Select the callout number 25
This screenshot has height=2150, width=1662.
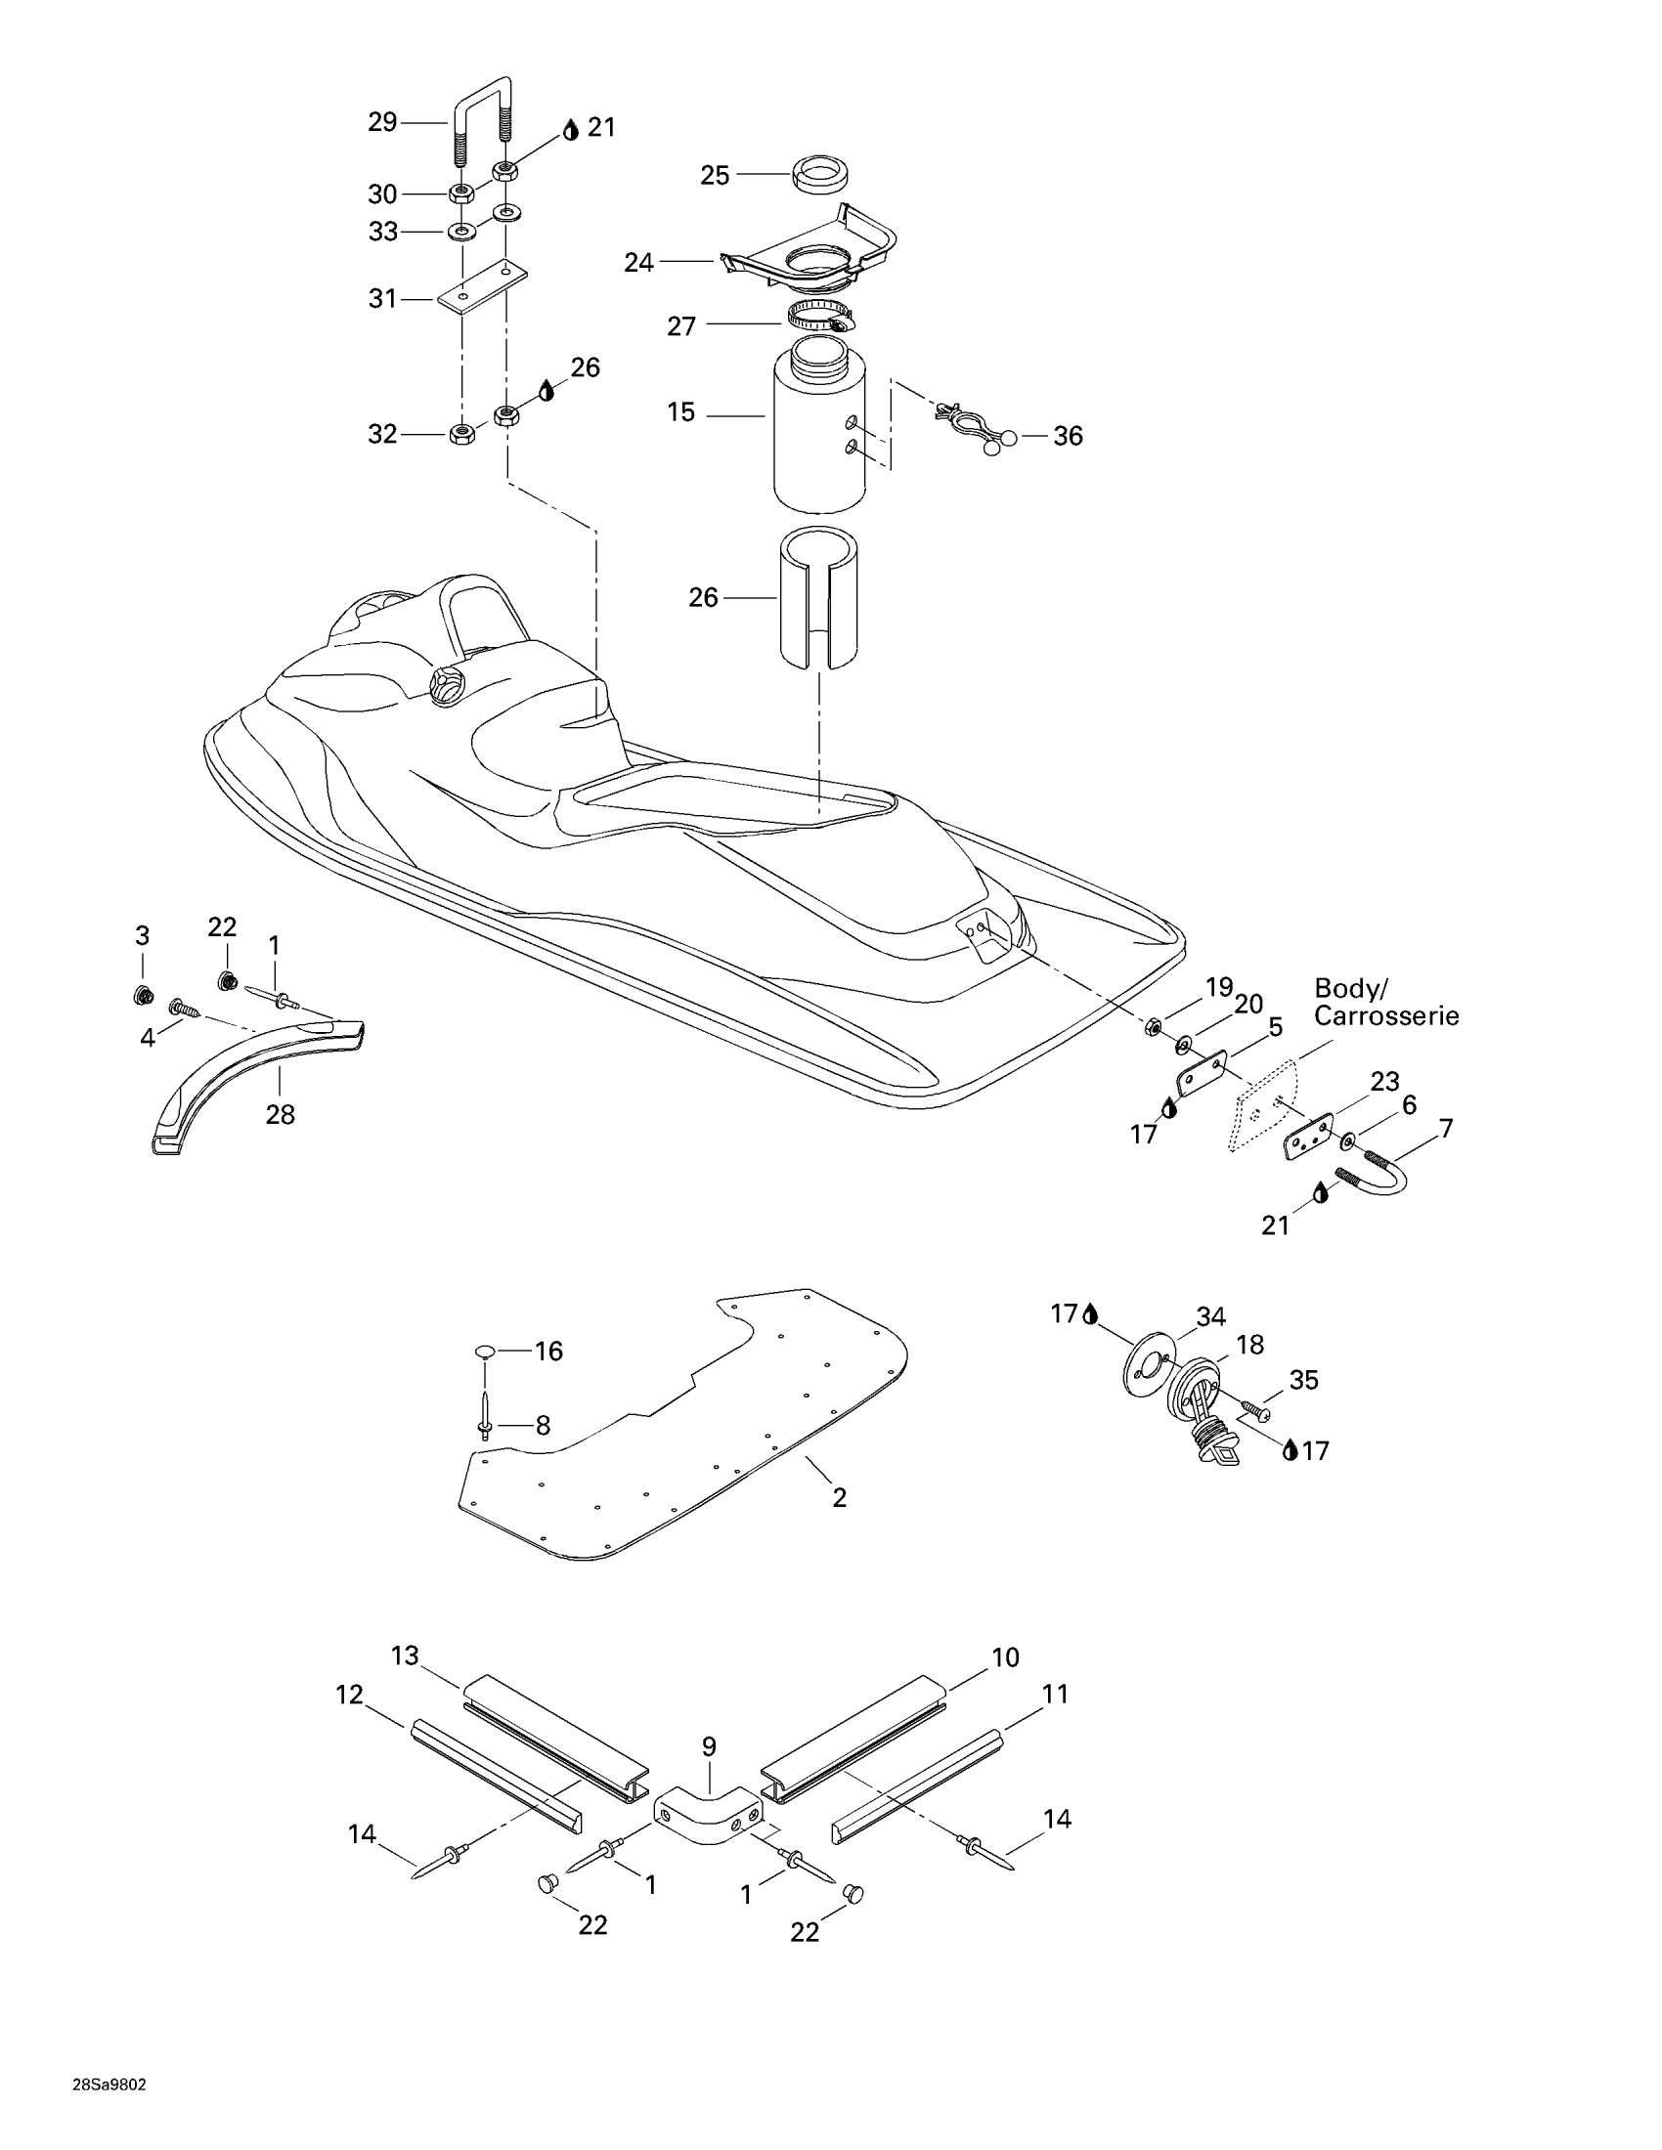point(715,175)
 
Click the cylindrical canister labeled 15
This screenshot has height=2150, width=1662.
point(819,433)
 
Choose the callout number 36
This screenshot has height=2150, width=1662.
point(1068,436)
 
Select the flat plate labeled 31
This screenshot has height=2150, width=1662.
point(482,290)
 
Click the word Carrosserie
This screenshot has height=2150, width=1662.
point(1386,1016)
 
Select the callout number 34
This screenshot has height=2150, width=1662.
point(1210,1317)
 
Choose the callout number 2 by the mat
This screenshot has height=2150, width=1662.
point(839,1497)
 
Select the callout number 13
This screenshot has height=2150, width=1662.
point(405,1655)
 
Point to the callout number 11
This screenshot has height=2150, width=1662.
point(1055,1694)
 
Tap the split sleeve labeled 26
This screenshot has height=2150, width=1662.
point(818,596)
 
